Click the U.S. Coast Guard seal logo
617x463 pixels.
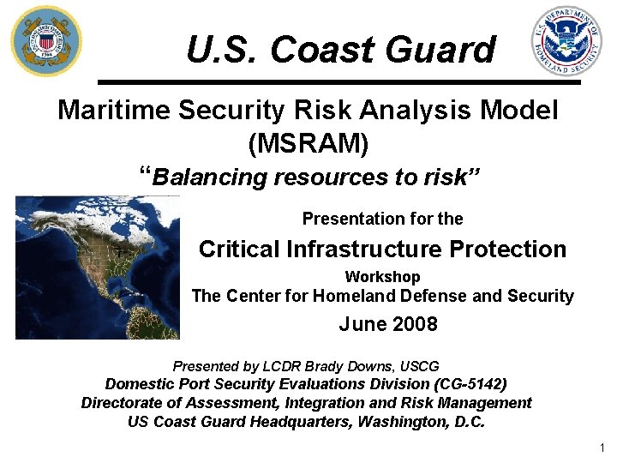(x=46, y=40)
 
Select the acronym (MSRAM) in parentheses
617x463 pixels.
(x=308, y=143)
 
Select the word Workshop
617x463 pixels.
(x=382, y=277)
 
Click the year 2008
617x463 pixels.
(x=415, y=324)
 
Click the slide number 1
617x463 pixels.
(x=603, y=448)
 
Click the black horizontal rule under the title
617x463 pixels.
(x=339, y=81)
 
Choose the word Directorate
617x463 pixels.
(x=123, y=403)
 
